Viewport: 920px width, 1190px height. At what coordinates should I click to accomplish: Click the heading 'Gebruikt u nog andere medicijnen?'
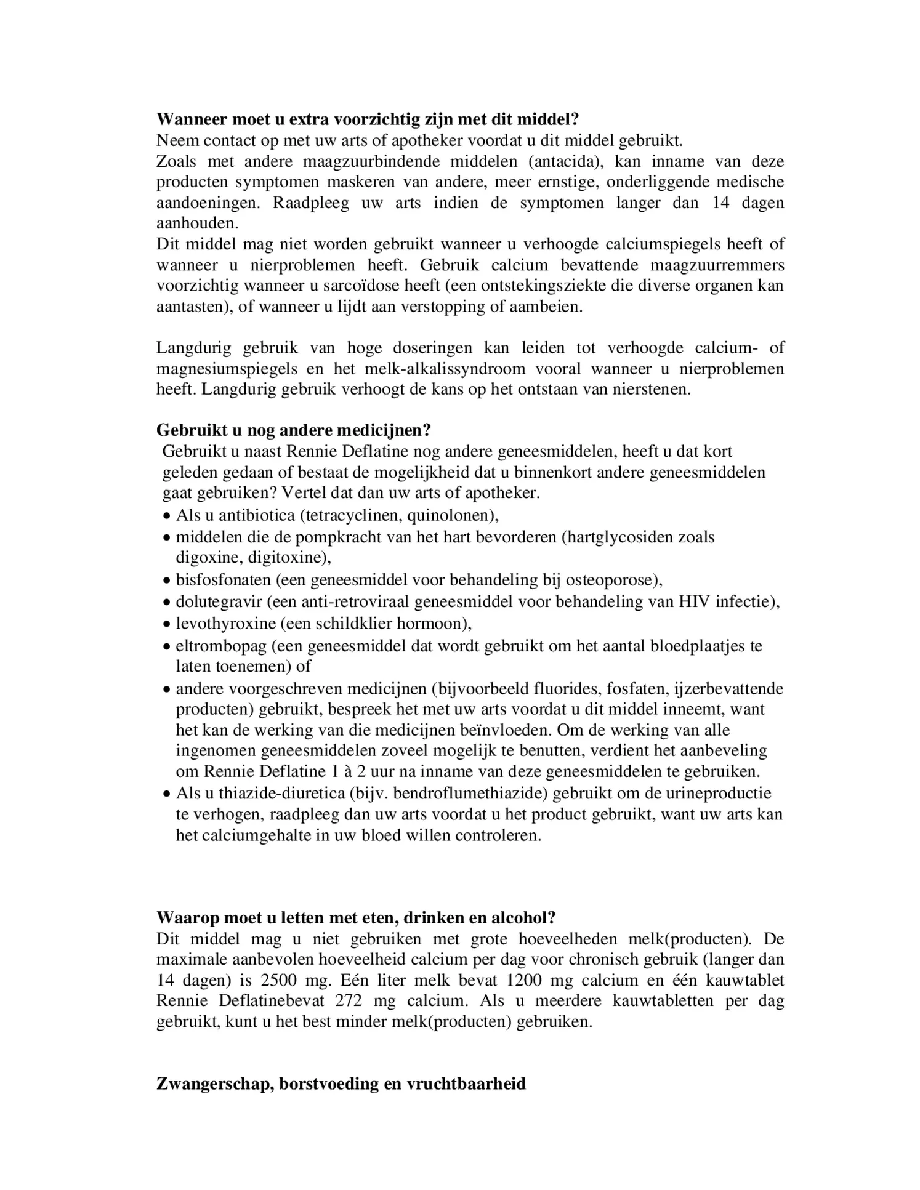pyautogui.click(x=293, y=430)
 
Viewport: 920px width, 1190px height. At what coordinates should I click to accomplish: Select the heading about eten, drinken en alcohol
pyautogui.click(x=356, y=917)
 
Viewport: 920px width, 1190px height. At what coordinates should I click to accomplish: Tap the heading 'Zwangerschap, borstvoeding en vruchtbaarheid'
pyautogui.click(x=341, y=1083)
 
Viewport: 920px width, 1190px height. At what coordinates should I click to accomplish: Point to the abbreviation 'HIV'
pyautogui.click(x=694, y=601)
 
